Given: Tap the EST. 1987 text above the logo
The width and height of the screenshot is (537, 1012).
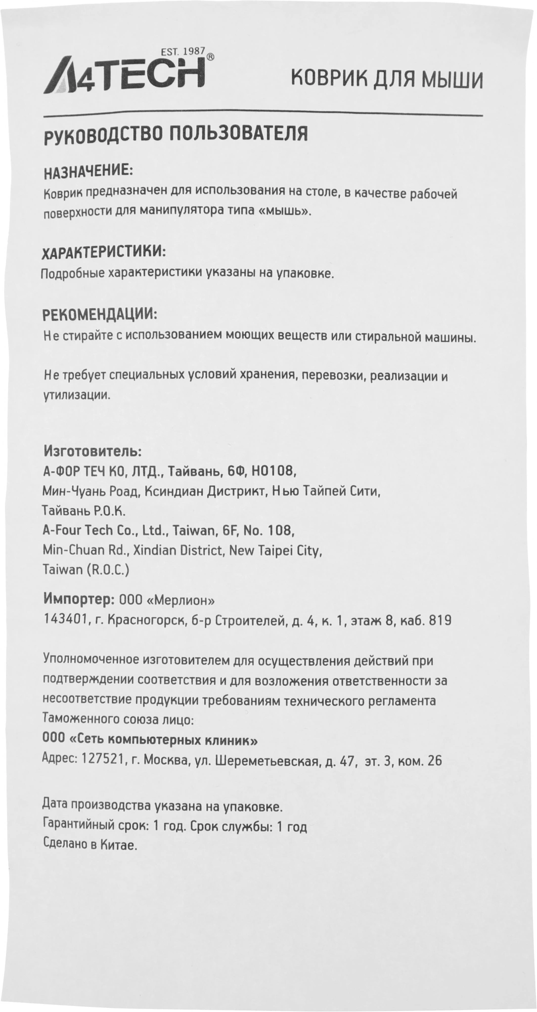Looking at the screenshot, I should click(182, 51).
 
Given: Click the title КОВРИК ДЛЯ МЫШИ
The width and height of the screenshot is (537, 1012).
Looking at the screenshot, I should click(388, 79).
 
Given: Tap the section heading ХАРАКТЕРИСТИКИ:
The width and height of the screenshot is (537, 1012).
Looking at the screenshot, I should click(104, 251).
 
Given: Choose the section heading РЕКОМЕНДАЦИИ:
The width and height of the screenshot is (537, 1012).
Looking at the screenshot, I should click(100, 314).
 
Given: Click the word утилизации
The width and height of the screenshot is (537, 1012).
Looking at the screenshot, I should click(76, 395).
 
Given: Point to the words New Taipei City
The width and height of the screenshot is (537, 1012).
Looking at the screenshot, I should click(276, 551).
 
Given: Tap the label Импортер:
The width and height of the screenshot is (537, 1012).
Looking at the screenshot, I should click(78, 600).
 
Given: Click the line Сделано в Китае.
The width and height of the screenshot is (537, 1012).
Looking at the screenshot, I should click(91, 846).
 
